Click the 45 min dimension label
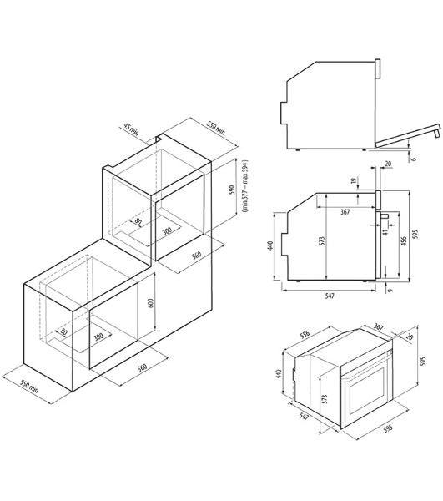131,129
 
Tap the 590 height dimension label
232,190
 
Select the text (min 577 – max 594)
245,186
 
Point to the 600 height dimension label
151,303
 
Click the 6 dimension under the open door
414,159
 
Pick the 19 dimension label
353,181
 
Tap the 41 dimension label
385,233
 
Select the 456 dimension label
404,241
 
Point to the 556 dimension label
305,334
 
